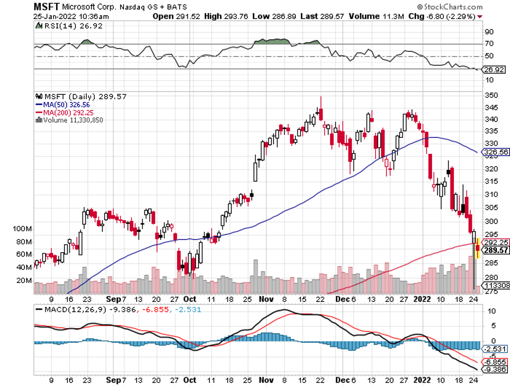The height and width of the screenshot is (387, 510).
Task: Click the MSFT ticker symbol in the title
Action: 46,7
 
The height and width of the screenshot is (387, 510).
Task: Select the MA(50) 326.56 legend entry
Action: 62,104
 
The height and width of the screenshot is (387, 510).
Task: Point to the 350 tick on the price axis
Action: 491,95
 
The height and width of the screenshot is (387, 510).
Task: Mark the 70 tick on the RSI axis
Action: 489,44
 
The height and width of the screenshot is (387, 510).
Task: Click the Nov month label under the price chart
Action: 266,299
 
